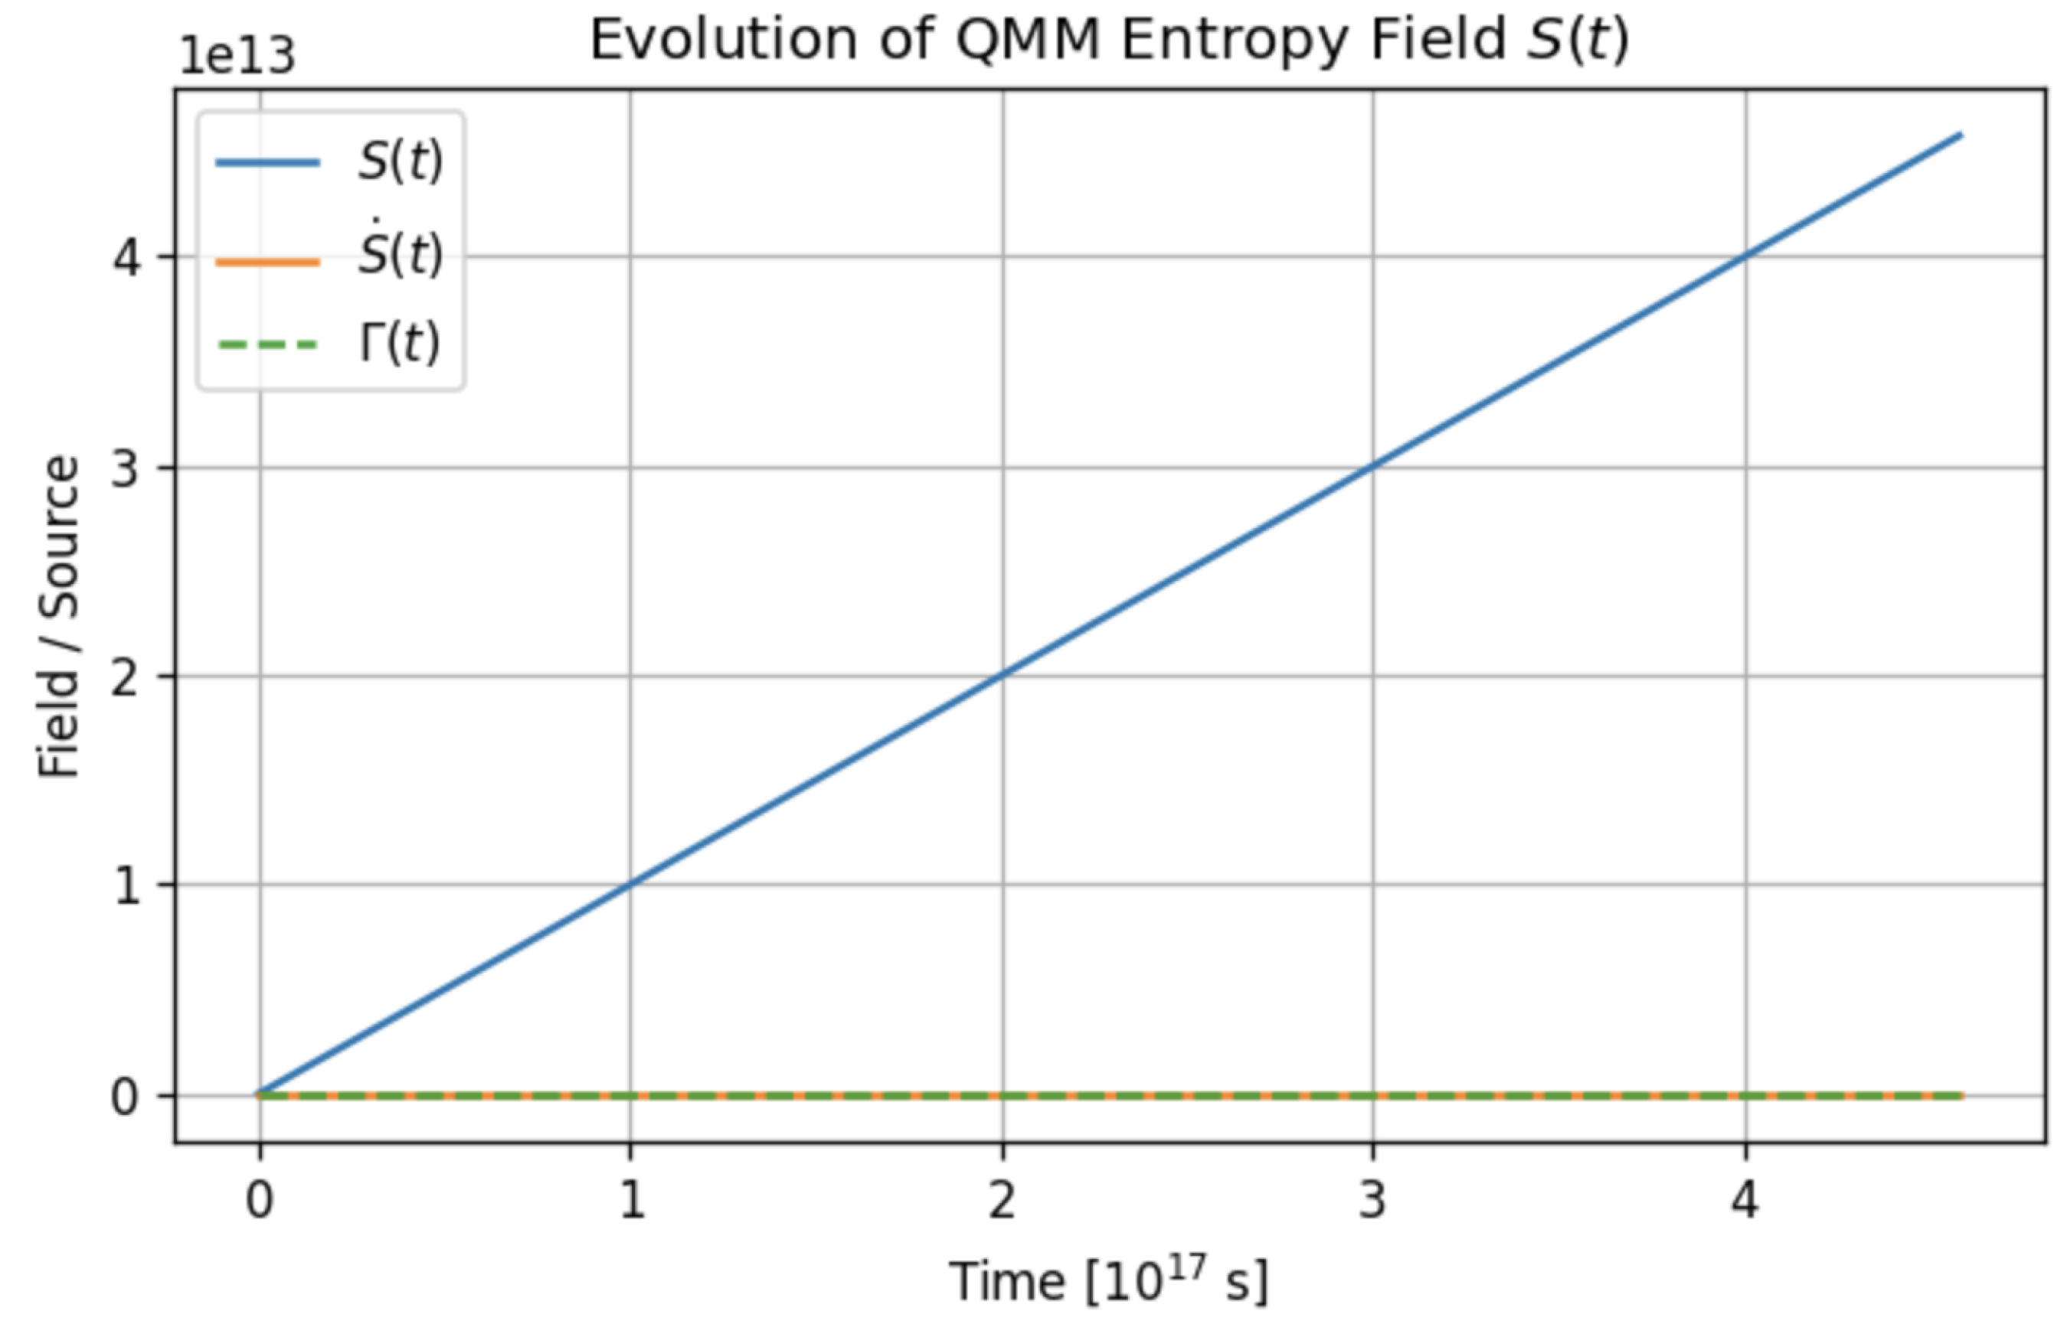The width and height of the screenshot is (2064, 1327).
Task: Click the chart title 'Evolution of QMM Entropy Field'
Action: [1108, 41]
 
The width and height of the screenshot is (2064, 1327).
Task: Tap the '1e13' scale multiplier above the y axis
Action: [236, 57]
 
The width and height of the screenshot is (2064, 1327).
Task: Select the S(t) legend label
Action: [400, 162]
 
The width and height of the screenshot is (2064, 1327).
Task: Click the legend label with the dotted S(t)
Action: [400, 255]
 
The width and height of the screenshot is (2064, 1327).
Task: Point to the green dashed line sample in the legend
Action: [267, 346]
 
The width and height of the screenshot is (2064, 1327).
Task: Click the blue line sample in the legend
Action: [267, 162]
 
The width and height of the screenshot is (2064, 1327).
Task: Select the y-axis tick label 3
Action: [126, 468]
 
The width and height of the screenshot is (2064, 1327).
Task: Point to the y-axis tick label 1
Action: [126, 885]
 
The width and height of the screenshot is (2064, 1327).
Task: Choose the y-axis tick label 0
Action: [126, 1097]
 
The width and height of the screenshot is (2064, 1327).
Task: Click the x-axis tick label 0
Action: [260, 1199]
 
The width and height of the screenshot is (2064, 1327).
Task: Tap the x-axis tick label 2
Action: [1002, 1199]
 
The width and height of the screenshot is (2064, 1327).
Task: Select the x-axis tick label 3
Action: [1372, 1199]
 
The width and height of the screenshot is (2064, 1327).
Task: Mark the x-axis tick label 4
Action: [1744, 1199]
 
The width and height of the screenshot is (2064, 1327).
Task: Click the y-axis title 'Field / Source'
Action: [59, 617]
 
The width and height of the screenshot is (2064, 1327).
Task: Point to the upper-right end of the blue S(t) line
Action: [1961, 135]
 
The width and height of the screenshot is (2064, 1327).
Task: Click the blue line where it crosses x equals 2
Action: [1002, 674]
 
